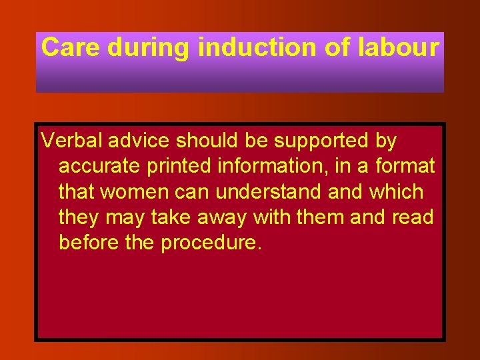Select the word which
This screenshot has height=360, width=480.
397,192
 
